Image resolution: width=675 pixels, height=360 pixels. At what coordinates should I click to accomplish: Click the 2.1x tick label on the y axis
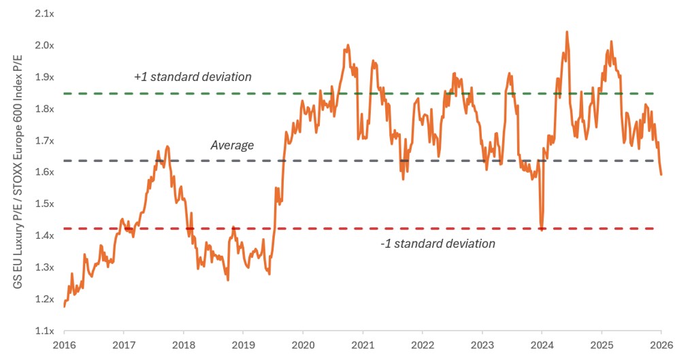(45, 14)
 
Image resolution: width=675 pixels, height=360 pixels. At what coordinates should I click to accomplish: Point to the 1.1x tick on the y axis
(45, 331)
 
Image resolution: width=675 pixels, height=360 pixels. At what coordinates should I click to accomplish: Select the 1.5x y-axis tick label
(45, 204)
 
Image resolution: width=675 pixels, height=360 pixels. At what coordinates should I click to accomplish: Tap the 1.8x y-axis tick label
(45, 109)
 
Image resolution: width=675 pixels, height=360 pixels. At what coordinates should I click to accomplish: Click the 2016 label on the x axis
(64, 345)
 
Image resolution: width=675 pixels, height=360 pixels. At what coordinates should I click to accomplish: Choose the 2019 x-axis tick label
(243, 345)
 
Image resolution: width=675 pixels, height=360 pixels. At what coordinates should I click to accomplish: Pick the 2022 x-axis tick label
(423, 345)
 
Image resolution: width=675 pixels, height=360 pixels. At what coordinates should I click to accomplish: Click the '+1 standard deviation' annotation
(193, 77)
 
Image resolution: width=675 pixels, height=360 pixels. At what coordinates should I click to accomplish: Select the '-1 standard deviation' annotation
(438, 244)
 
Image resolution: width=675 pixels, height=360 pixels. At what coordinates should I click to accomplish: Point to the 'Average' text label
(232, 145)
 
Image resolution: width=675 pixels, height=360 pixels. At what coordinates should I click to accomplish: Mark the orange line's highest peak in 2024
(567, 32)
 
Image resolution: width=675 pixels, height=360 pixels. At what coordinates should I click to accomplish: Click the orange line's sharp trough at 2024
(542, 230)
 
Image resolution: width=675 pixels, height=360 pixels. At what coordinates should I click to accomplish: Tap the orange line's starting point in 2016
(64, 307)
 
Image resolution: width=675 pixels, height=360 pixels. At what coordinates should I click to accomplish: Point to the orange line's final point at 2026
(661, 174)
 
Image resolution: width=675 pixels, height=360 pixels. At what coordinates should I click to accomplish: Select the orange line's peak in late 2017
(167, 147)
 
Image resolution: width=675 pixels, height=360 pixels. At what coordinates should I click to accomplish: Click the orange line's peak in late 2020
(348, 45)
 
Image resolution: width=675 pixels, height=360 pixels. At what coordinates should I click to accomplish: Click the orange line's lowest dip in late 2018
(228, 280)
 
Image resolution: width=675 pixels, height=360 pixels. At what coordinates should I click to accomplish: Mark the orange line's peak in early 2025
(611, 42)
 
